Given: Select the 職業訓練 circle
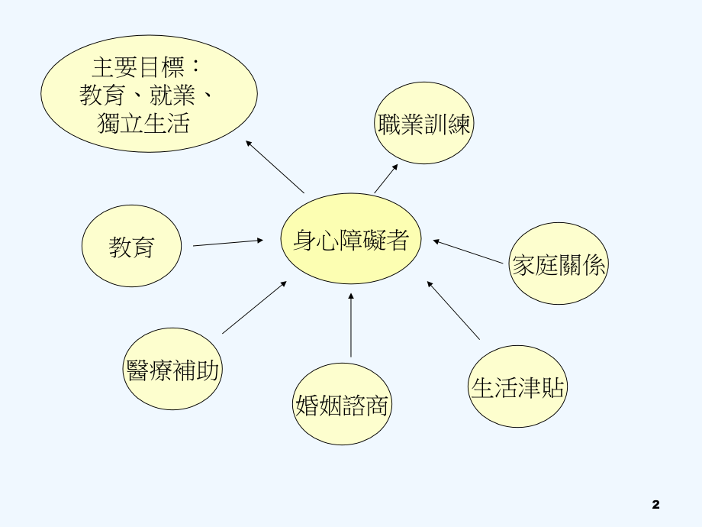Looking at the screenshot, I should pyautogui.click(x=425, y=124).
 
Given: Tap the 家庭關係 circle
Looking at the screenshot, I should pyautogui.click(x=559, y=263).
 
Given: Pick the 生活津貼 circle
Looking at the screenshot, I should pyautogui.click(x=518, y=386).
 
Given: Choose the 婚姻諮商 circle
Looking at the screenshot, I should pyautogui.click(x=342, y=405).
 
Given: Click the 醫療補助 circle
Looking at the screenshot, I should pyautogui.click(x=173, y=370).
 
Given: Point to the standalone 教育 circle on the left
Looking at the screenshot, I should pyautogui.click(x=132, y=247).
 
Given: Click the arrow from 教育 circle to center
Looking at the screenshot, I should pyautogui.click(x=227, y=243).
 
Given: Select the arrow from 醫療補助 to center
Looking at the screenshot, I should pyautogui.click(x=254, y=307).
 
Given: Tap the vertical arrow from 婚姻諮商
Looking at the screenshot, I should pyautogui.click(x=351, y=325).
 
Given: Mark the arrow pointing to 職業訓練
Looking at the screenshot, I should pyautogui.click(x=385, y=178).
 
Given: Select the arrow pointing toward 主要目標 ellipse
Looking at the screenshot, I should pyautogui.click(x=275, y=167).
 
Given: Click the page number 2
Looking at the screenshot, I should pyautogui.click(x=656, y=504).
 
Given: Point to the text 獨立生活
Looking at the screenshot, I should pyautogui.click(x=143, y=123).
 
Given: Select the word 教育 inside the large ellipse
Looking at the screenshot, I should pyautogui.click(x=102, y=95).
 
